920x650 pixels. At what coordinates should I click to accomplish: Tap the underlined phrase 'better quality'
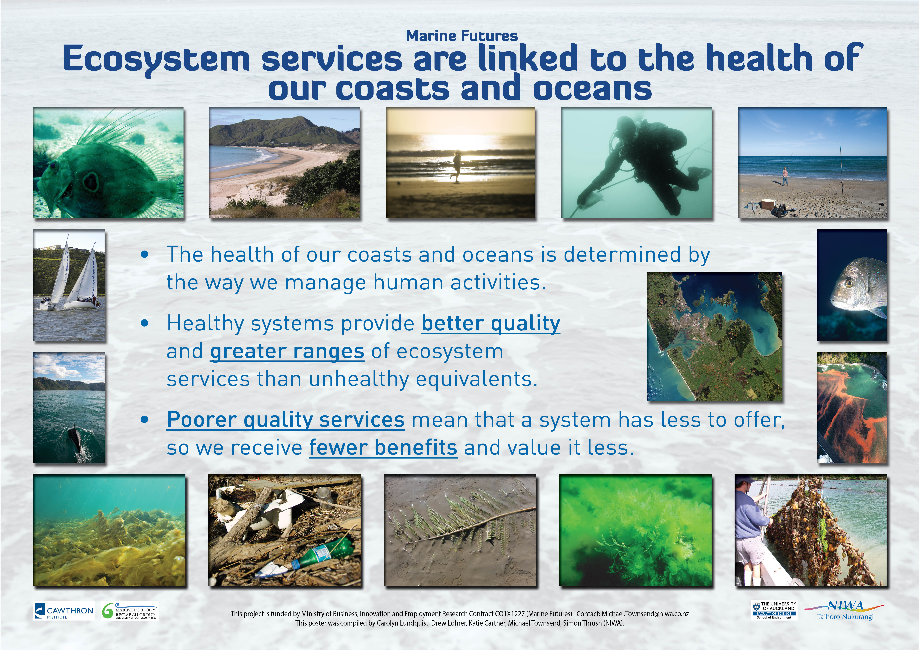click(491, 324)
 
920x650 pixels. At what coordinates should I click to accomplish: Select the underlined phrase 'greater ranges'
click(287, 351)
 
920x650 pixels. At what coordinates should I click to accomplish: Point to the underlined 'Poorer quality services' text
click(286, 420)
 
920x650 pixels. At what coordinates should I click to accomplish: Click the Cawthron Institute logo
click(64, 611)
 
